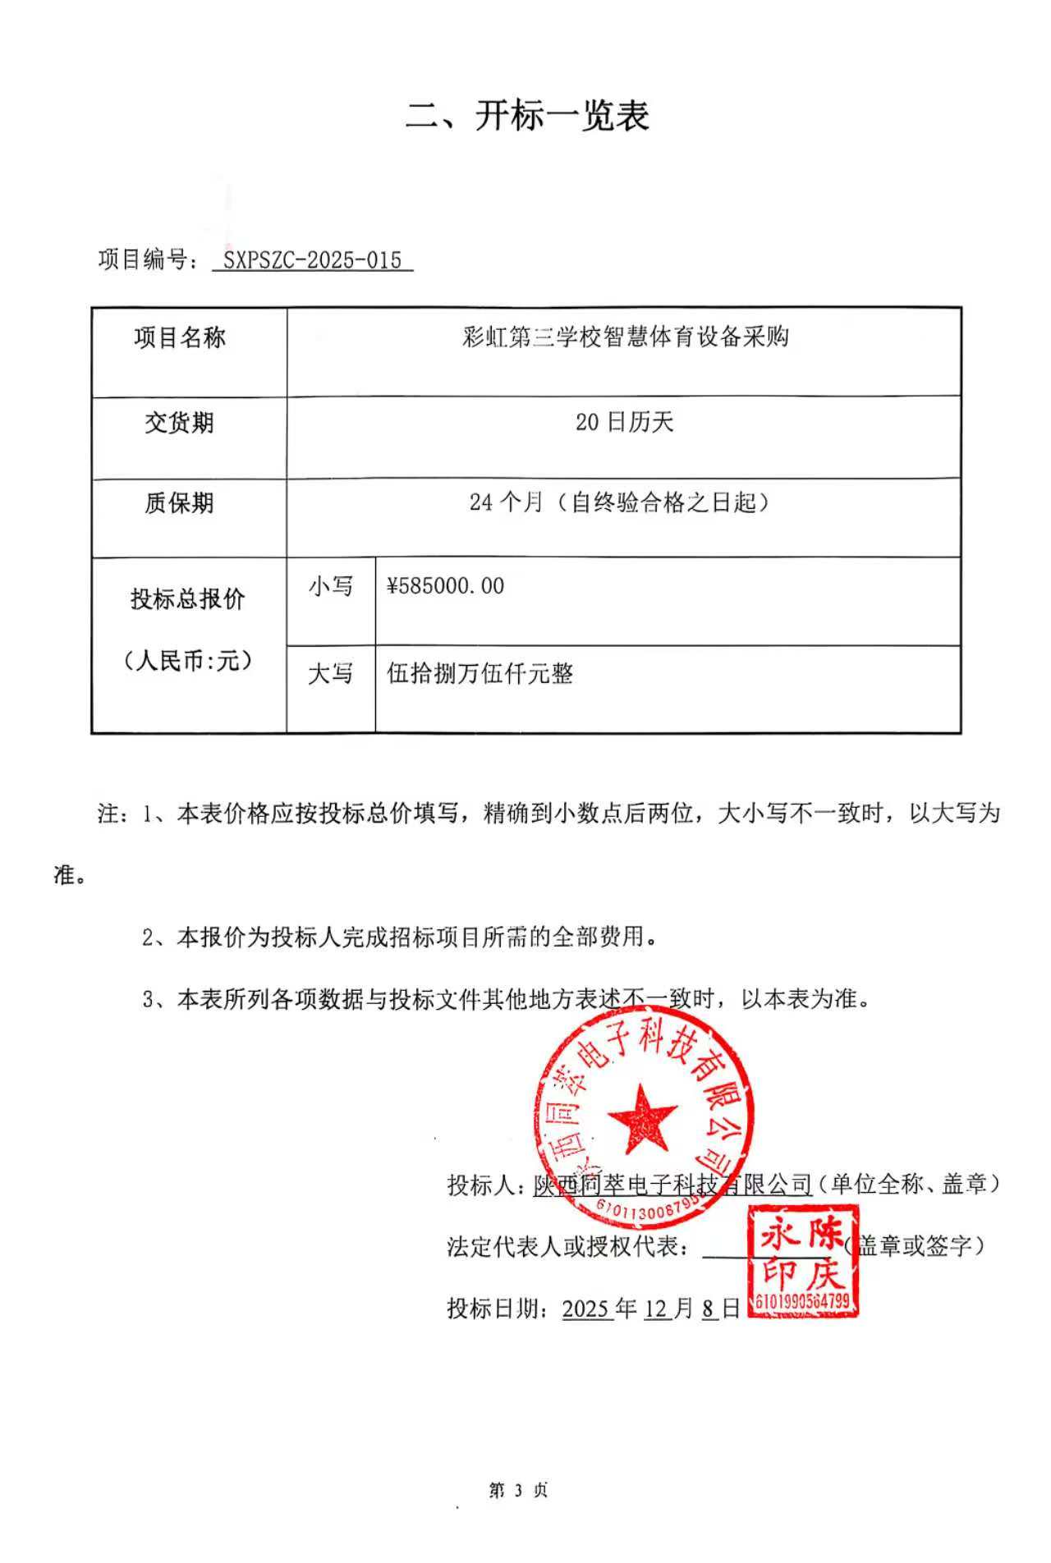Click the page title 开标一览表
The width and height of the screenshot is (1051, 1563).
coord(527,116)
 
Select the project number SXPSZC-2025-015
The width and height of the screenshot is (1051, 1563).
coord(312,260)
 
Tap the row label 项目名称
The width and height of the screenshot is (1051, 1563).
coord(180,337)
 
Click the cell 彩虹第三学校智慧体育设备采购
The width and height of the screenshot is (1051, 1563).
coord(625,337)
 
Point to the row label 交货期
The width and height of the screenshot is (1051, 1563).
coord(179,423)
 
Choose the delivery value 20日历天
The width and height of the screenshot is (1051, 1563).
coord(624,423)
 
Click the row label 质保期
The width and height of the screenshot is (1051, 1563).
coord(179,502)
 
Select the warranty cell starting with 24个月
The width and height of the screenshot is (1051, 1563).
coord(620,502)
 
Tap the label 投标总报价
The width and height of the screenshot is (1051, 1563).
coord(188,599)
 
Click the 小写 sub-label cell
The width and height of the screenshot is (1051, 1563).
coord(331,586)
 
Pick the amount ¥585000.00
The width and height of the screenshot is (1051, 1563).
coord(446,586)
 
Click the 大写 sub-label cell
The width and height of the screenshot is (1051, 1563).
coord(331,674)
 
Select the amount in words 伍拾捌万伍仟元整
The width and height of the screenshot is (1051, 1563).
coord(480,674)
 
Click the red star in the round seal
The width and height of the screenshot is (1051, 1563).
coord(642,1117)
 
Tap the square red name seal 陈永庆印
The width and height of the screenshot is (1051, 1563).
coord(802,1261)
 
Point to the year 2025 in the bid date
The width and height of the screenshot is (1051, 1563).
coord(586,1309)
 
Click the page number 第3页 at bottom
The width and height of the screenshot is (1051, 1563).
coord(518,1490)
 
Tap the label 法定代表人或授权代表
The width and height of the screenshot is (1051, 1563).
coord(567,1246)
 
